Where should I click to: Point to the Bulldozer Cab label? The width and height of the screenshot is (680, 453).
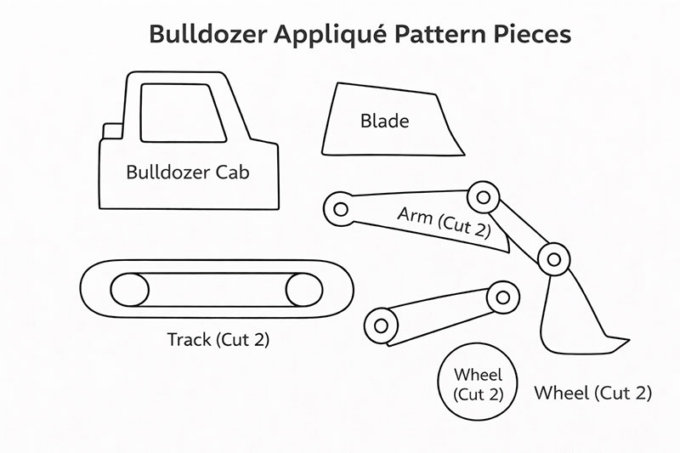coord(188,172)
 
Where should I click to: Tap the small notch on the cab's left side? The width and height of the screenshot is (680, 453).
coord(112,132)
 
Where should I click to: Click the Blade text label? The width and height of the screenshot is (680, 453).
coord(384,121)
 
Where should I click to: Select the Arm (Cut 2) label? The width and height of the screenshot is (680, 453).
coord(444,222)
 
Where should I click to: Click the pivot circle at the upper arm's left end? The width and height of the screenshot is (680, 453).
coord(340,208)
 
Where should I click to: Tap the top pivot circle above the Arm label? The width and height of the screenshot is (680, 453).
coord(484,197)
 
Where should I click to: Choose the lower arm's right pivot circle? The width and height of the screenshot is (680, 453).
coord(505,297)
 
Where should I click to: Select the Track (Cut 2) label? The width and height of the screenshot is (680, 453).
coord(218,340)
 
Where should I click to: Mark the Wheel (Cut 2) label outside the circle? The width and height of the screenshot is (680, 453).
coord(592,393)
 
